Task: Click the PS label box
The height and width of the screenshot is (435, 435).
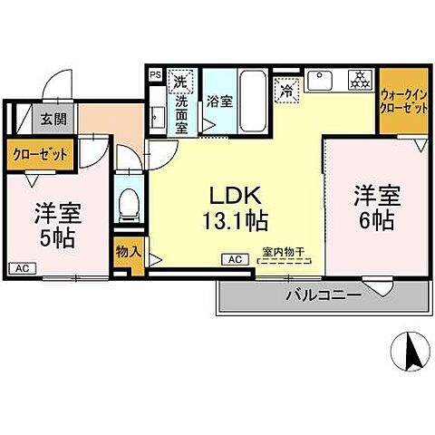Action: [x=155, y=75]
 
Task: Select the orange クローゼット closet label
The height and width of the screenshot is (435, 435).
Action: [x=40, y=154]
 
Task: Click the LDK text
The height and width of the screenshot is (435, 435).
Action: [x=237, y=194]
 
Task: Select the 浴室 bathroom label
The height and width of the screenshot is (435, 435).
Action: [x=219, y=102]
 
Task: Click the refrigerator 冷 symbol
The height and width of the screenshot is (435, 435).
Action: [x=287, y=91]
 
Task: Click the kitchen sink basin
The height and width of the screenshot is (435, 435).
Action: [x=320, y=82]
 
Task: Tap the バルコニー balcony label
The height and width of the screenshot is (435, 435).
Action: [x=324, y=295]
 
